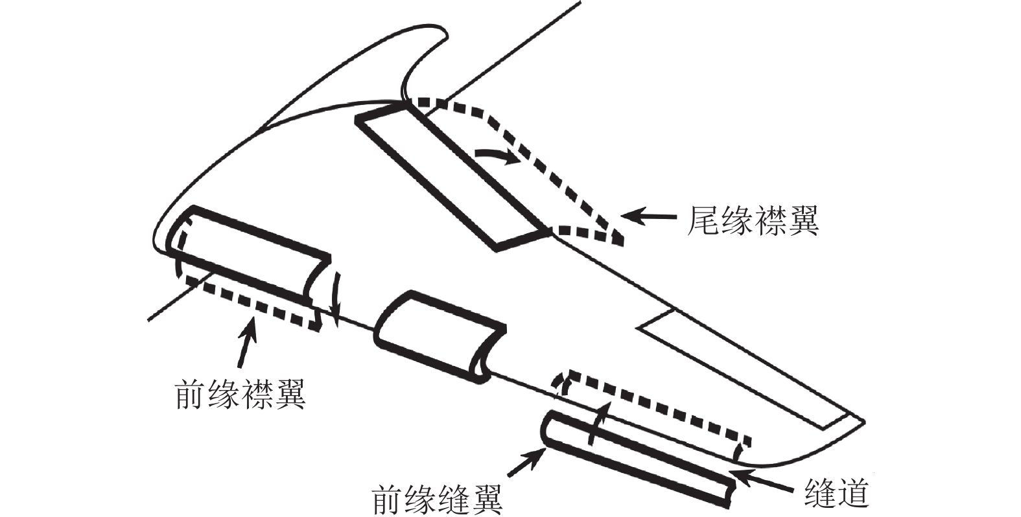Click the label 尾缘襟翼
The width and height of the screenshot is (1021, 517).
point(752,220)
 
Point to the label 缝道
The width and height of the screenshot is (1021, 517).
point(836,494)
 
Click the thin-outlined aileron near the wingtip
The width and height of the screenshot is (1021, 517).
point(745,369)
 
